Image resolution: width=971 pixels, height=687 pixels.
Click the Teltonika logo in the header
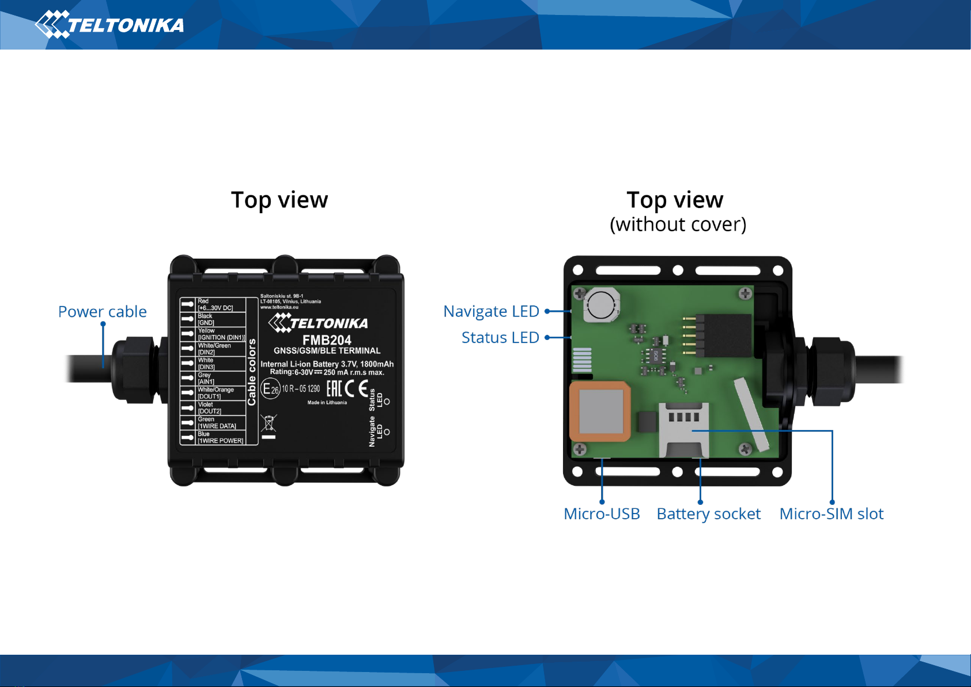click(x=109, y=25)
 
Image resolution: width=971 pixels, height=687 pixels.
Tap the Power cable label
click(x=103, y=312)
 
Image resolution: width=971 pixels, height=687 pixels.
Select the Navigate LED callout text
click(x=491, y=311)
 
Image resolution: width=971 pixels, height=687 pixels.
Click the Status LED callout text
click(x=500, y=338)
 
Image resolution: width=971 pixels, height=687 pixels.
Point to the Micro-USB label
click(x=602, y=514)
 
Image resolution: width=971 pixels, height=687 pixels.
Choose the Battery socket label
click(x=708, y=514)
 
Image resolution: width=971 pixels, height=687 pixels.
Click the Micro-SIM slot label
click(x=831, y=514)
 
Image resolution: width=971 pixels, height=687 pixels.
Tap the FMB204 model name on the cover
click(x=327, y=340)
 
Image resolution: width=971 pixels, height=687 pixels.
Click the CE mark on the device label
click(x=356, y=389)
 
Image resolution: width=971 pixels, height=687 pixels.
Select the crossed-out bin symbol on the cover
click(x=269, y=424)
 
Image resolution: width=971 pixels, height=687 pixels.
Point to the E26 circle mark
click(x=271, y=389)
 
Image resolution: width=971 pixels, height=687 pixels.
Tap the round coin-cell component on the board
click(x=602, y=304)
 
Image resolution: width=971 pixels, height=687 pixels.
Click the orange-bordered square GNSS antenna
click(x=600, y=412)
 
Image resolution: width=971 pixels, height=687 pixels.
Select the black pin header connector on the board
click(x=723, y=335)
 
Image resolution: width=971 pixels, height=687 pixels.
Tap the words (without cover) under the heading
click(x=678, y=224)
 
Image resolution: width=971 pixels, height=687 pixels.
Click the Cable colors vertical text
click(x=252, y=372)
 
